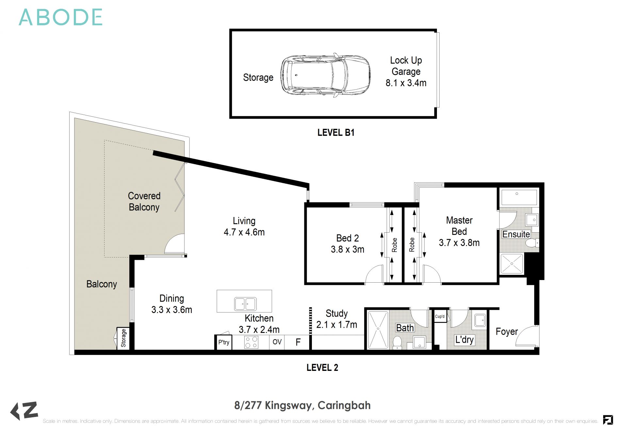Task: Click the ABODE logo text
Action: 61,17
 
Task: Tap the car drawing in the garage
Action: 325,75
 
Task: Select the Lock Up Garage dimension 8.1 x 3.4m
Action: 406,83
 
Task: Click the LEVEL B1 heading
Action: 336,132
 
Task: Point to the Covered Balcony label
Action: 144,201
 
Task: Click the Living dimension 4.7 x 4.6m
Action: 244,232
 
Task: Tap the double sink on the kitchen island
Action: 245,304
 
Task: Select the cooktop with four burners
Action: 251,342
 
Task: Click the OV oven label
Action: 277,342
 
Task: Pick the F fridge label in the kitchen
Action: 298,342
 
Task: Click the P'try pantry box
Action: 224,342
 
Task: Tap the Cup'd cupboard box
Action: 440,317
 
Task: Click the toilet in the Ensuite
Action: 532,243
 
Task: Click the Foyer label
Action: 506,332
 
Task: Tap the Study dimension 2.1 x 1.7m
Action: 336,325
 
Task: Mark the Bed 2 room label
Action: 347,238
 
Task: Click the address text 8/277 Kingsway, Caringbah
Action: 302,405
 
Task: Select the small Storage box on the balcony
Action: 123,338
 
